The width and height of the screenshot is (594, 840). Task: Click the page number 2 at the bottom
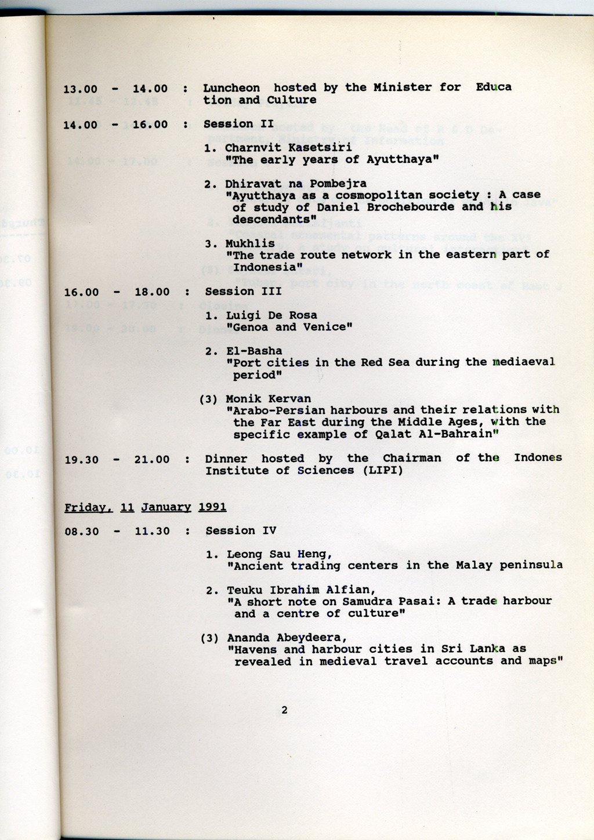[284, 710]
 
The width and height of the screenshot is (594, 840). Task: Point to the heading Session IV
[241, 530]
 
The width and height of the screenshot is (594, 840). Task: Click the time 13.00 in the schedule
[80, 89]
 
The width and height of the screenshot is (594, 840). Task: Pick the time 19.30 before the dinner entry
[82, 460]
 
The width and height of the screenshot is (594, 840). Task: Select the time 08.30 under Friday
[82, 531]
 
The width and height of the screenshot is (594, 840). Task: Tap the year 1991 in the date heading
[212, 507]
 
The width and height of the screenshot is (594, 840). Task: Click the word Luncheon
[231, 88]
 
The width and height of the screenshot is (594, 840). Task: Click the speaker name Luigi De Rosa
[271, 315]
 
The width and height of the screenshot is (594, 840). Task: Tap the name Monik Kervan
[268, 399]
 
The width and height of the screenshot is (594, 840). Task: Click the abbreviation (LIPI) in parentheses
[379, 470]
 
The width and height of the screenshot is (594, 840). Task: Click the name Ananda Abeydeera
[287, 638]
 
